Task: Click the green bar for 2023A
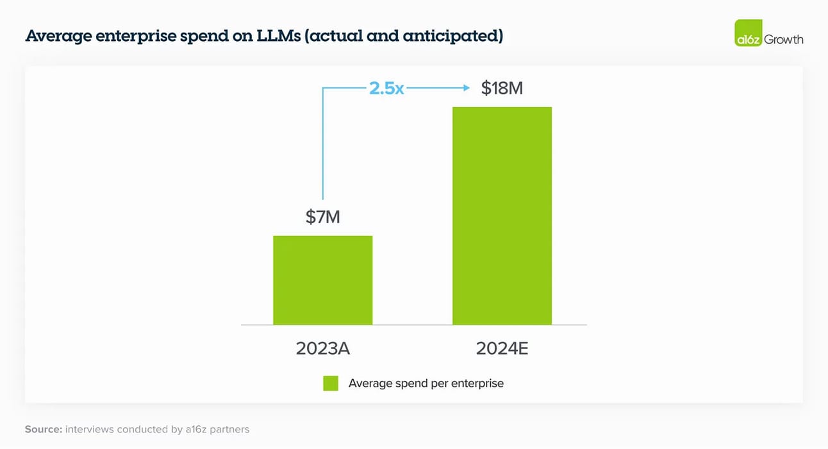click(322, 280)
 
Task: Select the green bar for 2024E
click(502, 216)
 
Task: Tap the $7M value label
click(322, 217)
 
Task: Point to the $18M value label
click(502, 88)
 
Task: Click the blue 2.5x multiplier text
click(386, 88)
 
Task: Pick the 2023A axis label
click(322, 348)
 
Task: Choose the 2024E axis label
click(502, 348)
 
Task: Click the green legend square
click(331, 384)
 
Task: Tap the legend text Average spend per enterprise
click(426, 384)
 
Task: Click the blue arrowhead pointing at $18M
click(465, 88)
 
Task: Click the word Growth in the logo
click(784, 39)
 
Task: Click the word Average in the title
click(58, 36)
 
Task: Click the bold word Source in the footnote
click(43, 429)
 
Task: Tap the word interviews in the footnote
click(89, 429)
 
